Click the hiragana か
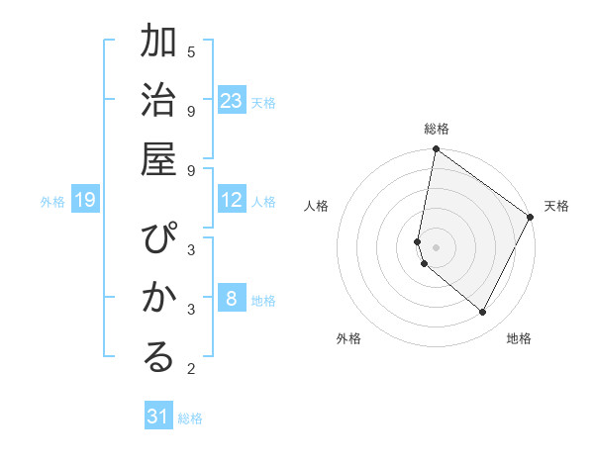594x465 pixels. (159, 297)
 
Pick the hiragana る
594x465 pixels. (159, 356)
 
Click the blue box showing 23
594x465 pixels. (232, 100)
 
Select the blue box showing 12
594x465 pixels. (232, 200)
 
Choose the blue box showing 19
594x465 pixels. (85, 201)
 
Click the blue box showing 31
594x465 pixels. (158, 417)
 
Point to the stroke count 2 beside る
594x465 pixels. (191, 370)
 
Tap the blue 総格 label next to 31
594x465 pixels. (190, 418)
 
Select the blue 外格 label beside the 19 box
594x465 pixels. (52, 202)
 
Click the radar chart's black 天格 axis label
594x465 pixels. (556, 206)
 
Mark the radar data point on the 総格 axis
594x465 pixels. (436, 149)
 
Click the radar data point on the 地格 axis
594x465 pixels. (483, 313)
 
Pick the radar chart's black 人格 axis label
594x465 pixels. (316, 206)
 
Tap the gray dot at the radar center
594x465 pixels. (436, 246)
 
